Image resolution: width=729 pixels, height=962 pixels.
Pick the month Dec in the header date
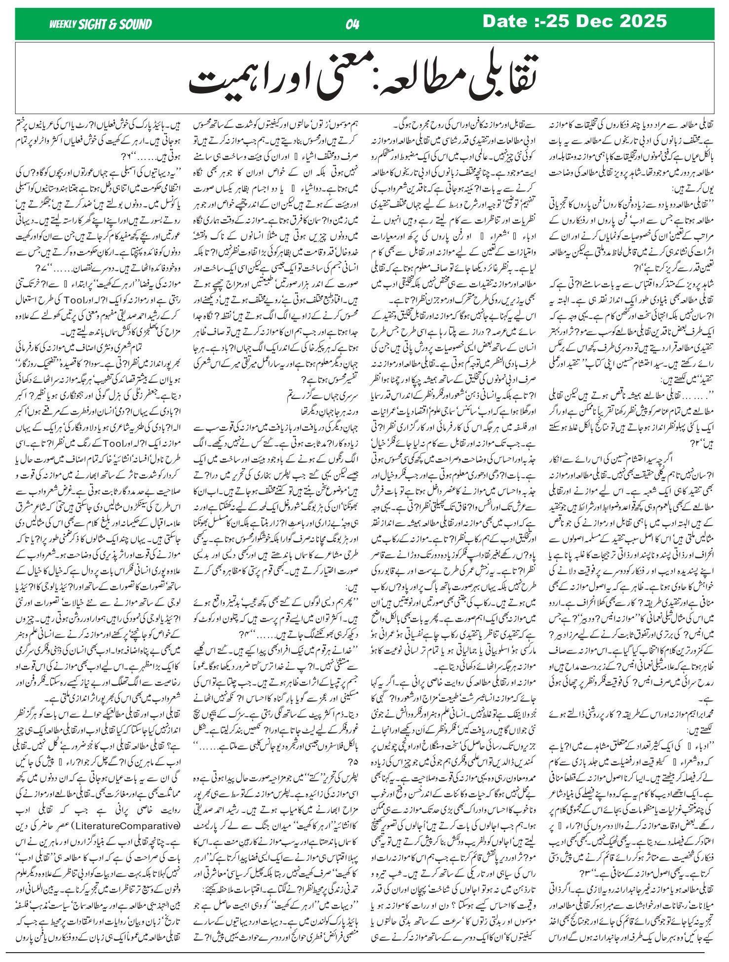tap(586, 21)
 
